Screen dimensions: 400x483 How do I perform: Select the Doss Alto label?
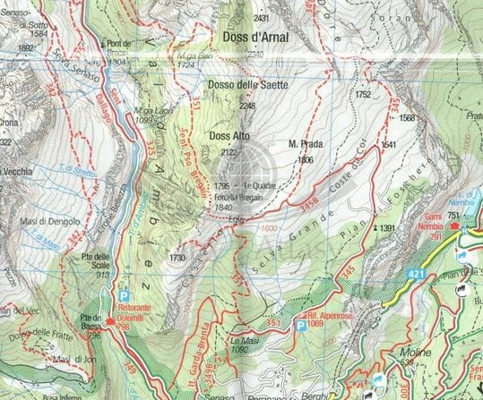pyautogui.click(x=229, y=136)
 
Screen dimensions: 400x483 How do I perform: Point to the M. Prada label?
pyautogui.click(x=305, y=145)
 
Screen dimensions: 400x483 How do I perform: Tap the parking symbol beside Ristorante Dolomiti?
pyautogui.click(x=124, y=294)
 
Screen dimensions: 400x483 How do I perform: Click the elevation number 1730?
pyautogui.click(x=177, y=258)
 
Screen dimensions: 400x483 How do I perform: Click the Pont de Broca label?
pyautogui.click(x=117, y=47)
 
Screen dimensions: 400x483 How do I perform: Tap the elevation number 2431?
pyautogui.click(x=262, y=18)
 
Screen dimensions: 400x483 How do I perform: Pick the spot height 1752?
pyautogui.click(x=362, y=94)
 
